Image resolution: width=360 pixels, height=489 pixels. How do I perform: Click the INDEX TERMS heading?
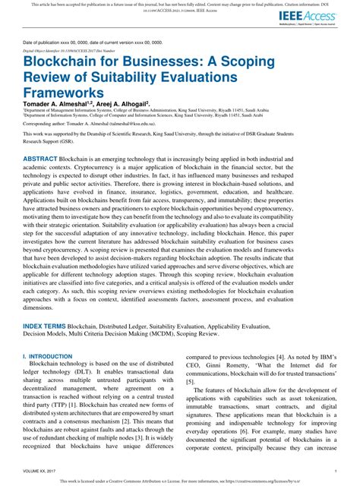pyautogui.click(x=44, y=324)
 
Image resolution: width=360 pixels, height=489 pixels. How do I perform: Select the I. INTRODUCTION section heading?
pyautogui.click(x=47, y=355)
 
